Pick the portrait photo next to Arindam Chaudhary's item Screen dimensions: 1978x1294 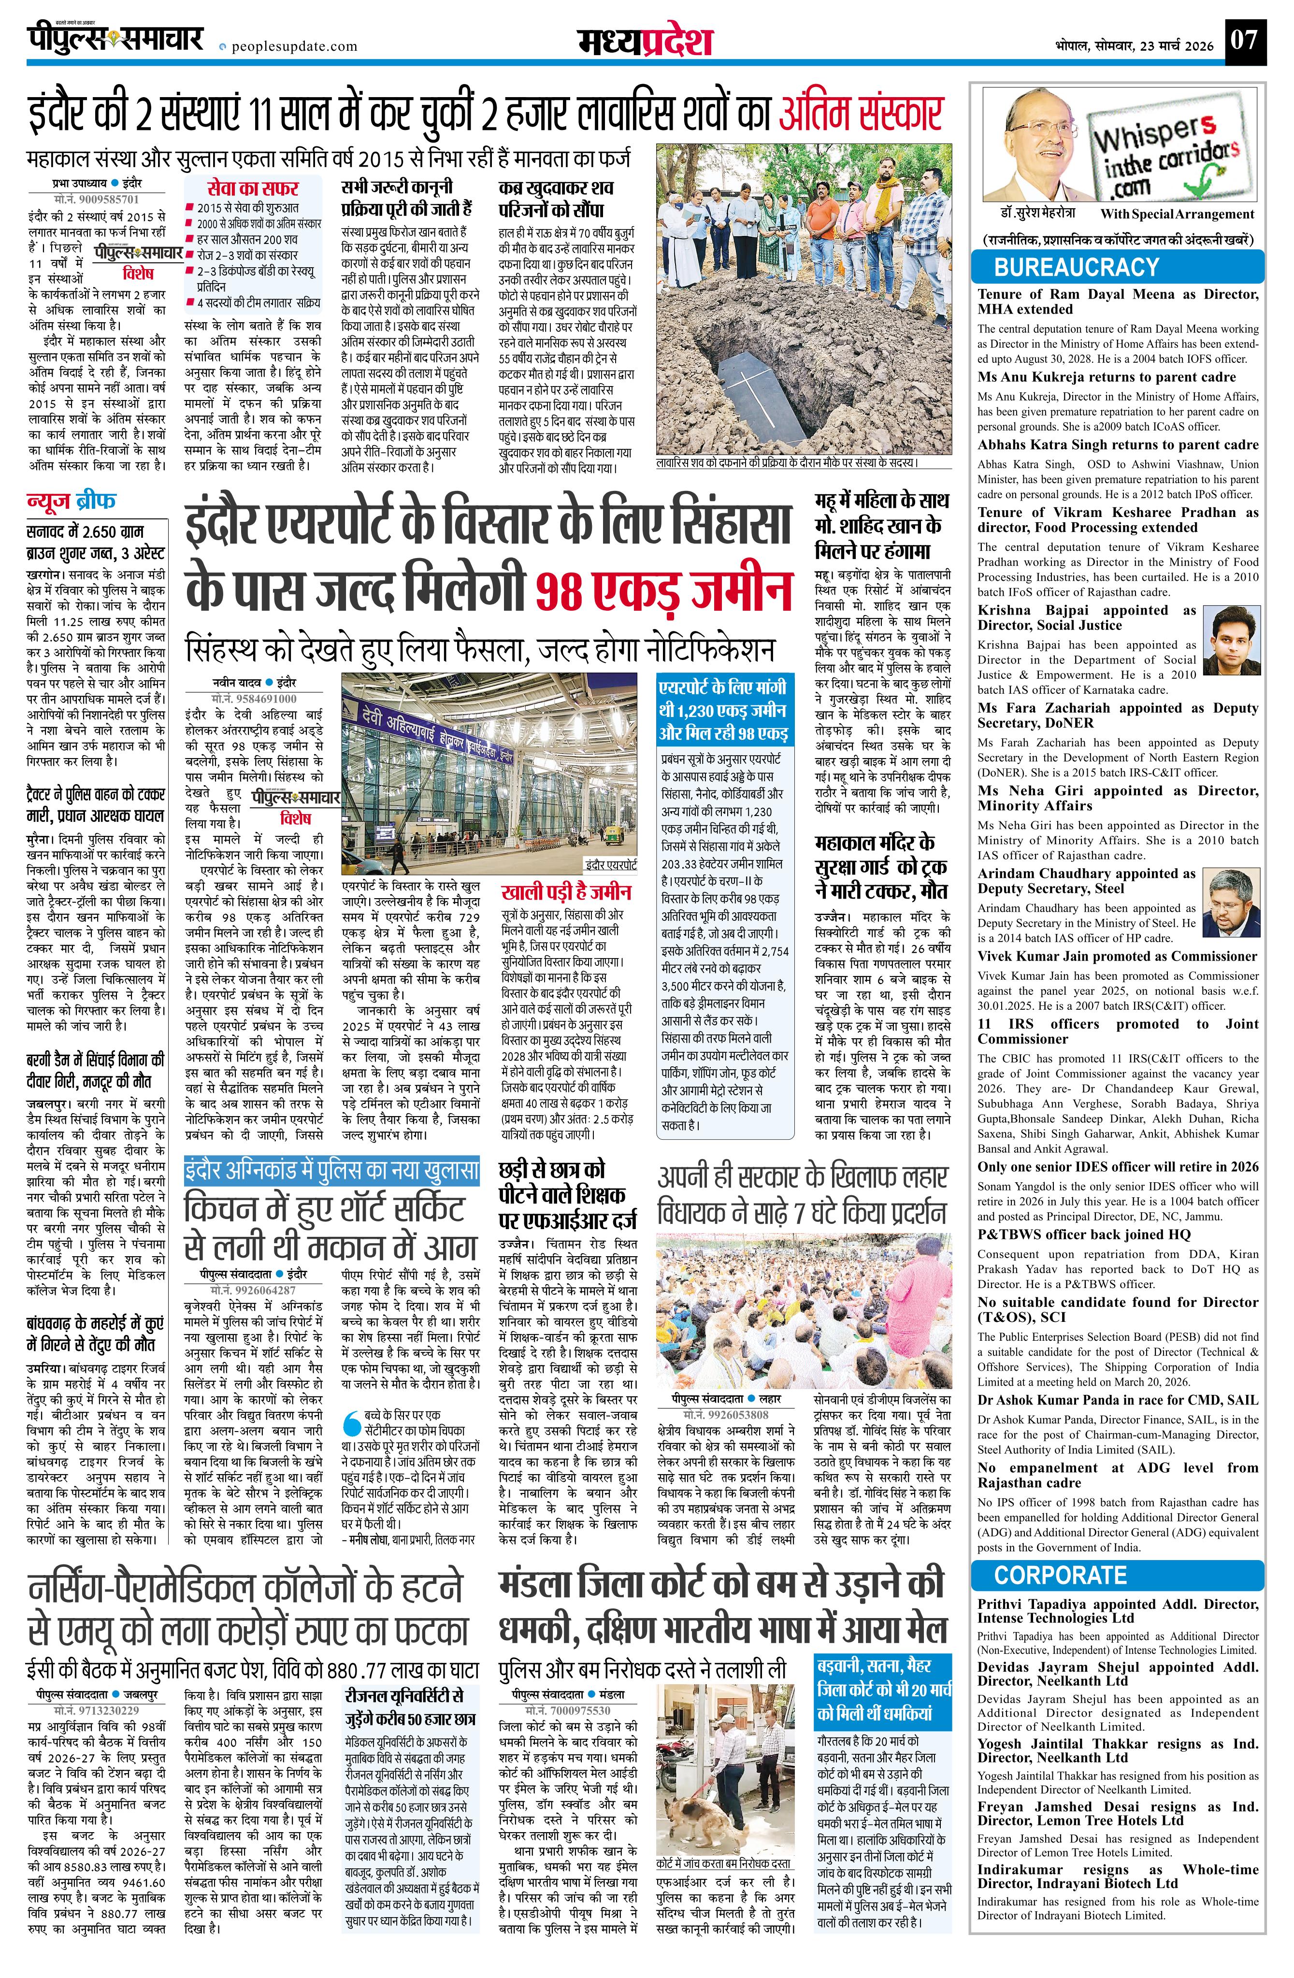coord(1231,901)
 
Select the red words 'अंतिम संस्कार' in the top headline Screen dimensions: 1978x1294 coord(861,114)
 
